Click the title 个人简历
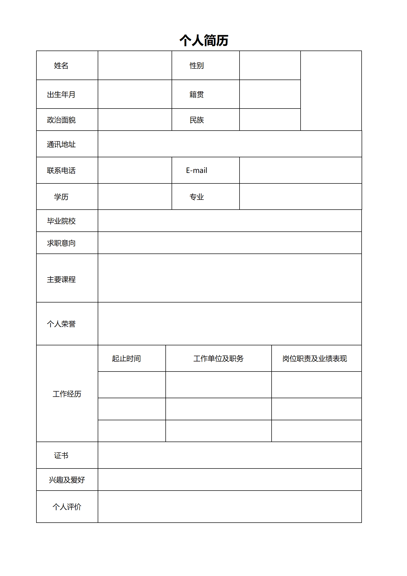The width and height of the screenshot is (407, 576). click(x=204, y=41)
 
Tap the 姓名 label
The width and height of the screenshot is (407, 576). click(x=61, y=66)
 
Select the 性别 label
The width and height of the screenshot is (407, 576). click(x=196, y=66)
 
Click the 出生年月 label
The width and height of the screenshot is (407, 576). click(x=61, y=95)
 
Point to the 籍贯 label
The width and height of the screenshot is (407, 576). click(x=196, y=95)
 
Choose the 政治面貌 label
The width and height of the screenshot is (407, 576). click(x=61, y=120)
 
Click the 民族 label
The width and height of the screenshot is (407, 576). click(x=196, y=120)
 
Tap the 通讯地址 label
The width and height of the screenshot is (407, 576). click(x=61, y=144)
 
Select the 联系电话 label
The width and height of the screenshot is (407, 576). click(x=61, y=171)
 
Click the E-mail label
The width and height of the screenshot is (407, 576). click(x=196, y=170)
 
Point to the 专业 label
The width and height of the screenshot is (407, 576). click(x=196, y=197)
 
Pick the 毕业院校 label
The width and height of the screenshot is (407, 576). click(x=61, y=221)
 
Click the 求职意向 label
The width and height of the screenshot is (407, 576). click(x=61, y=243)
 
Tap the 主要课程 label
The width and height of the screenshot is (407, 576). click(x=61, y=279)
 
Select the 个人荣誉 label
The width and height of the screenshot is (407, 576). click(x=61, y=324)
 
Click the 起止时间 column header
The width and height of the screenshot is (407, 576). click(x=126, y=358)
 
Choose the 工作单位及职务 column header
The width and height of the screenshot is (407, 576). click(x=218, y=358)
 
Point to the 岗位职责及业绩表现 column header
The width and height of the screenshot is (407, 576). click(x=314, y=358)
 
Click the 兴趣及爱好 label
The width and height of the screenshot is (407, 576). click(x=67, y=480)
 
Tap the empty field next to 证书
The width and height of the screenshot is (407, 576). click(x=230, y=455)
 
